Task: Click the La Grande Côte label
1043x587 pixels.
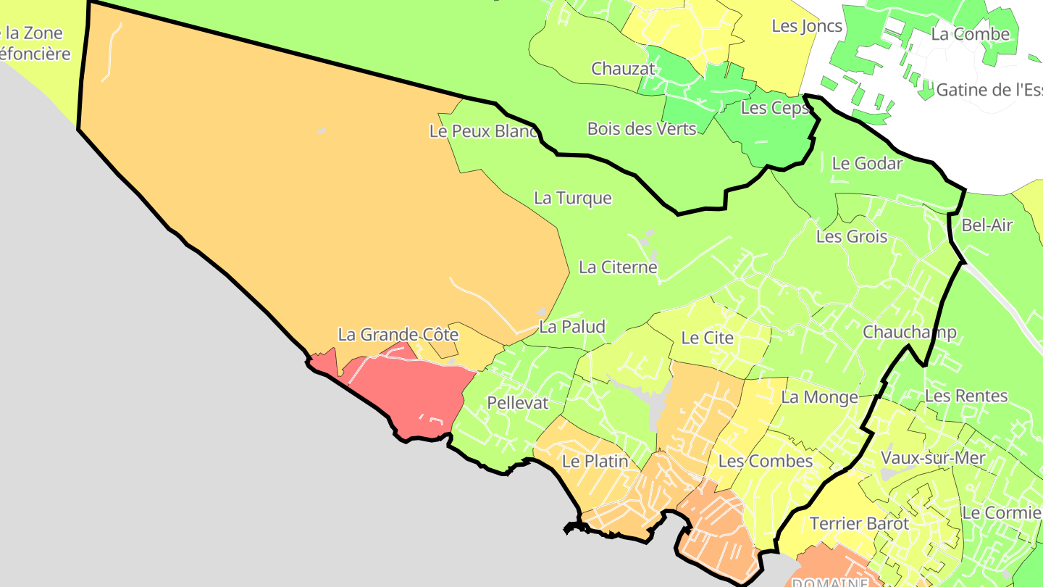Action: pos(398,335)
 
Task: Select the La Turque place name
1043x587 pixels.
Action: pos(573,198)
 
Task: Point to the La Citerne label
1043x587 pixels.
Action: pos(618,267)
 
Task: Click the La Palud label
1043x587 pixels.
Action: pos(572,327)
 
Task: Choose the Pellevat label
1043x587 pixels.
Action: pos(518,403)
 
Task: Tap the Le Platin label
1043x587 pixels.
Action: pos(595,461)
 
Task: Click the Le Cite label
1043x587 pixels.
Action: pos(708,338)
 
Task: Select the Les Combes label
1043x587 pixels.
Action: pos(766,461)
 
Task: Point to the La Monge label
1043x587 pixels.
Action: pos(819,397)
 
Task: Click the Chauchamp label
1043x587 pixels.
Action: pos(910,332)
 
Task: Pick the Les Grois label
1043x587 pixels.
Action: pos(852,236)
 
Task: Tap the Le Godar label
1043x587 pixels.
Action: pos(867,163)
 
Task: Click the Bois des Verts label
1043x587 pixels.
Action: pos(642,129)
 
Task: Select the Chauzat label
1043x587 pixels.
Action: pos(623,69)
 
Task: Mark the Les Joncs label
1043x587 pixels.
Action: pos(807,26)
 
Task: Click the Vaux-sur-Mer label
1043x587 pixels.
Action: pos(933,458)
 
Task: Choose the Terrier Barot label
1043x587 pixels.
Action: pos(859,523)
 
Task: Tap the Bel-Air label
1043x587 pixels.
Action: pos(987,225)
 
